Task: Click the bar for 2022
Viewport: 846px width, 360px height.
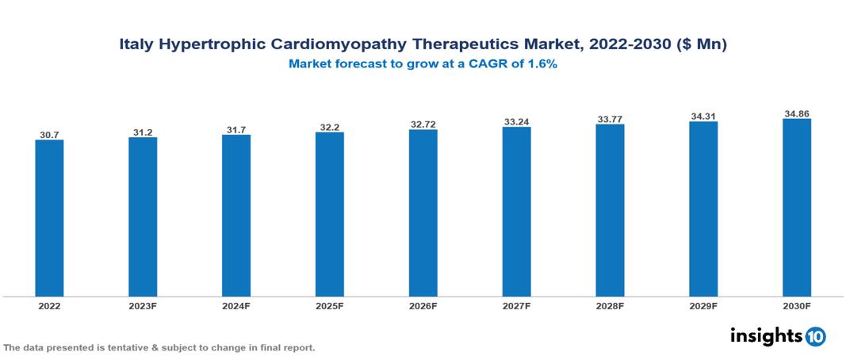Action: click(49, 218)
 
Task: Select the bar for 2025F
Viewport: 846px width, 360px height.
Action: click(329, 214)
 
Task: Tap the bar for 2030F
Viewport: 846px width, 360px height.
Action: click(796, 208)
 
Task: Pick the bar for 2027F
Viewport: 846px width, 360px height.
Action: click(516, 212)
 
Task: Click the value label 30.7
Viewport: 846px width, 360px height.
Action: click(49, 135)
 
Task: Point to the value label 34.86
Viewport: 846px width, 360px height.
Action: click(796, 114)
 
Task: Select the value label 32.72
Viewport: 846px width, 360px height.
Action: click(423, 124)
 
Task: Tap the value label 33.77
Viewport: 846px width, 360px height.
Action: click(610, 120)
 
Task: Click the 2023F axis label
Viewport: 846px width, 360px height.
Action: click(143, 306)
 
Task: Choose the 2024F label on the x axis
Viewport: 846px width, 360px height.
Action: click(236, 306)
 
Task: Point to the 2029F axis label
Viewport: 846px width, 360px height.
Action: click(703, 306)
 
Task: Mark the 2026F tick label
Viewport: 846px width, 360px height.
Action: click(423, 306)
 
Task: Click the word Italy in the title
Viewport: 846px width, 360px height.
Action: click(136, 45)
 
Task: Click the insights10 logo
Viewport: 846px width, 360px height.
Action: click(777, 336)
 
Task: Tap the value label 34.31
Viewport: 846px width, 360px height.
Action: click(703, 117)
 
